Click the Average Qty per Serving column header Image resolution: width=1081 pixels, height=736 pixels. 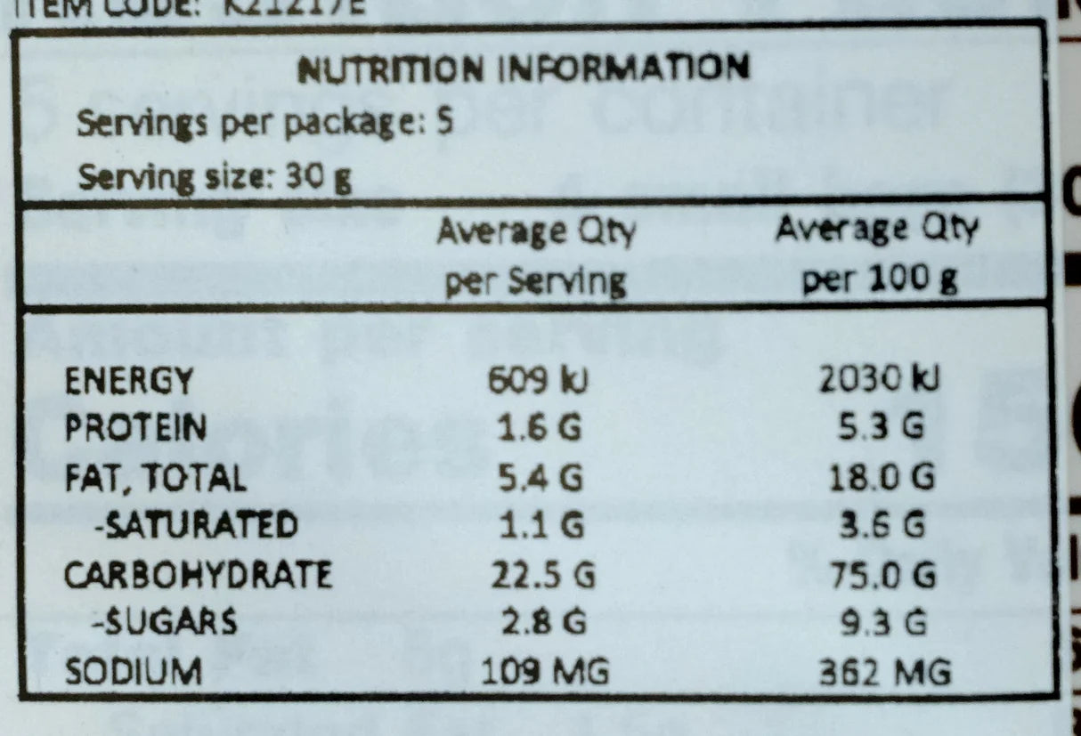pos(535,256)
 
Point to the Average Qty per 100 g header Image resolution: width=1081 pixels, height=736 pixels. pos(877,255)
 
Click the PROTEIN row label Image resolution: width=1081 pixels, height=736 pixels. pos(136,429)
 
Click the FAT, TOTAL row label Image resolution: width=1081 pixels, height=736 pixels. pos(155,478)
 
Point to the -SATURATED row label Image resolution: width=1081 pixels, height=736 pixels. pos(196,526)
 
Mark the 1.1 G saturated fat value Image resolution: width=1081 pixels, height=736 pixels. pos(539,526)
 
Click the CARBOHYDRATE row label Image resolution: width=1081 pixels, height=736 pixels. pos(198,574)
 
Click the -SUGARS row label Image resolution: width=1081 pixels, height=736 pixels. pos(165,622)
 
